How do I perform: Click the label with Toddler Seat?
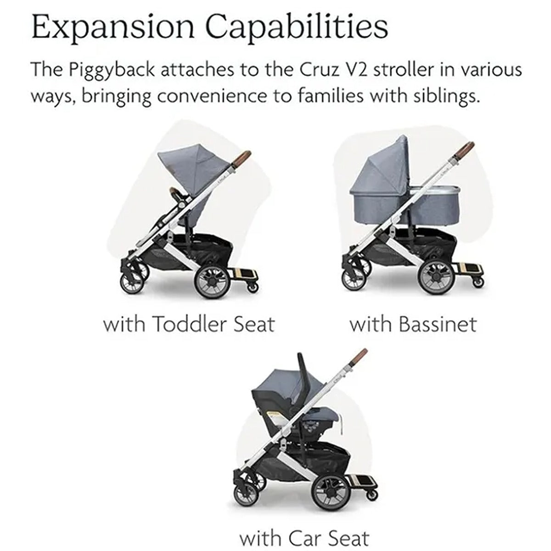click(189, 324)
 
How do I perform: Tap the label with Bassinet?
click(413, 324)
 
